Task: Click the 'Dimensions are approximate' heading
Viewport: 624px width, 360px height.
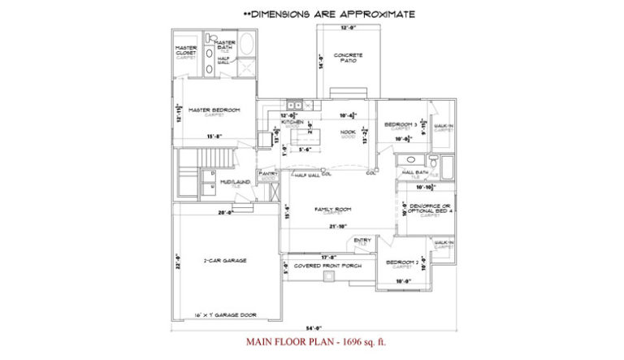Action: [x=330, y=14]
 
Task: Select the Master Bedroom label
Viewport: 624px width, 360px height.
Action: [x=214, y=110]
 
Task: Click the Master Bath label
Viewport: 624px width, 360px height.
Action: [x=224, y=46]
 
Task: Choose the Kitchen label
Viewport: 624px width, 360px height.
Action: [x=292, y=123]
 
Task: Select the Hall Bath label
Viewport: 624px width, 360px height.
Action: [x=414, y=172]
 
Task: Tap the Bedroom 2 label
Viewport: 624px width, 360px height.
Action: [x=401, y=262]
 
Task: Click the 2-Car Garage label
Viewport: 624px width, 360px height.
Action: [x=225, y=260]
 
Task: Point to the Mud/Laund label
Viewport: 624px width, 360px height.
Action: [x=234, y=182]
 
